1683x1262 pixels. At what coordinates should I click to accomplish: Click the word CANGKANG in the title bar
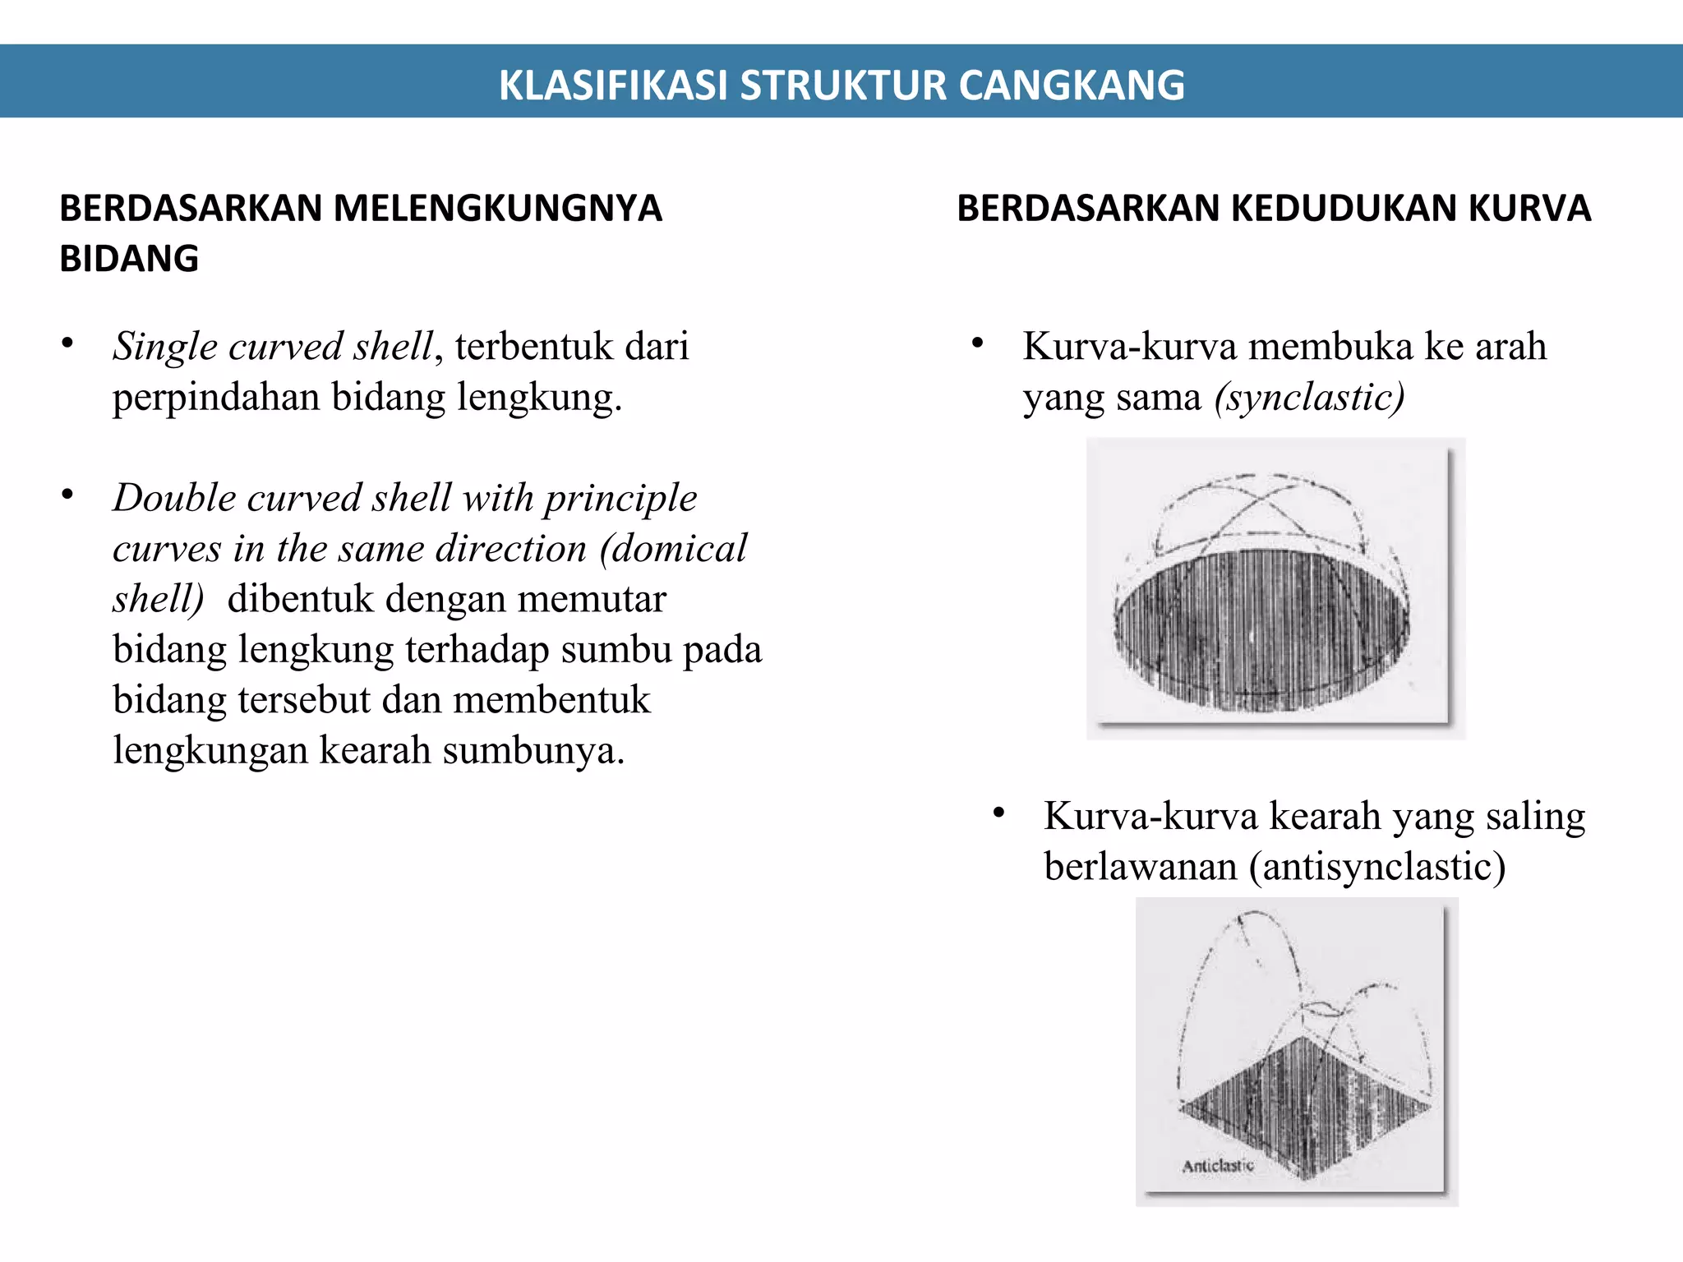coord(1072,85)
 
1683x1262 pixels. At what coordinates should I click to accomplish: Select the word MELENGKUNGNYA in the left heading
coord(497,209)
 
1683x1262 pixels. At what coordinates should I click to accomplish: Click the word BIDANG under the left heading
coord(129,259)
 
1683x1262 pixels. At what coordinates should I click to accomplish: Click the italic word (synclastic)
coord(1310,398)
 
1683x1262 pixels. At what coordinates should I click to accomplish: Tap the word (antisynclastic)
coord(1377,867)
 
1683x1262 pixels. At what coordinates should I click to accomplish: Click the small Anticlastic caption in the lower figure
coord(1218,1165)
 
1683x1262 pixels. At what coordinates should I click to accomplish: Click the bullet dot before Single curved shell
coord(67,343)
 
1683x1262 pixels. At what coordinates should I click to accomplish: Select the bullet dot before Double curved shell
coord(67,495)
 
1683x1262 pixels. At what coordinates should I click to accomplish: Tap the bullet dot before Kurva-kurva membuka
coord(977,343)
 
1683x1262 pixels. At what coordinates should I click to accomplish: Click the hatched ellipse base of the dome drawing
coord(1261,629)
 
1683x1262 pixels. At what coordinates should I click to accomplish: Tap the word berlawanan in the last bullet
coord(1140,867)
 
